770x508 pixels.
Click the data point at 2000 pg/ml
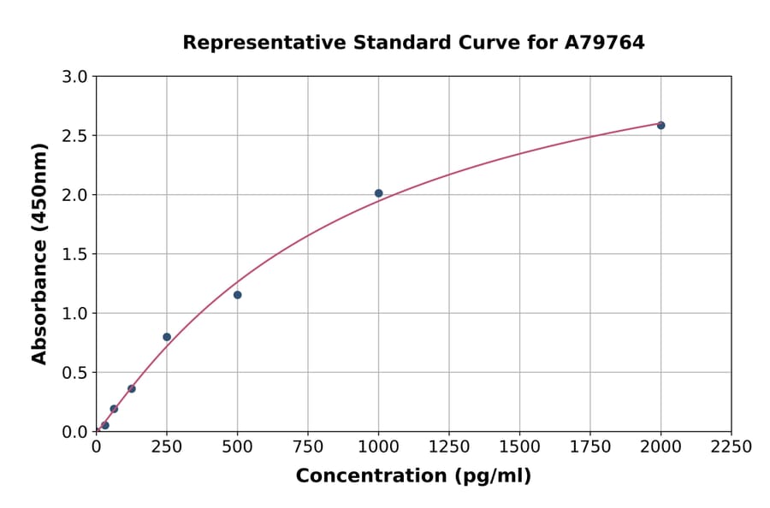coord(660,126)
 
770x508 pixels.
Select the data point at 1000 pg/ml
coord(378,193)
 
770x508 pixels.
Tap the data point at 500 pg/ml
coord(237,295)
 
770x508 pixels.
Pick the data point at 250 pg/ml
coord(167,337)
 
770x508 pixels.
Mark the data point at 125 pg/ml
coord(132,389)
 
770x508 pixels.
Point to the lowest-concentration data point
coord(105,425)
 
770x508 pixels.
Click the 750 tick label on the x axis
coord(308,447)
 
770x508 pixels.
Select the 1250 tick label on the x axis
coord(449,447)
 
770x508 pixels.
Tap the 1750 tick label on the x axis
coord(590,447)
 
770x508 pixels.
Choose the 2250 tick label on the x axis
coord(731,447)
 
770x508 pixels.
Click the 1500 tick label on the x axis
coord(519,447)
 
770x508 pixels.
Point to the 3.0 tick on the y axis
coord(76,77)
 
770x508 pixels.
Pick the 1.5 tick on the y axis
coord(76,254)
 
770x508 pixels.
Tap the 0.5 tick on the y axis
coord(76,373)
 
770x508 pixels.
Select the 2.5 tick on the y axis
coord(76,136)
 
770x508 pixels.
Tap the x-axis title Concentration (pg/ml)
coord(413,476)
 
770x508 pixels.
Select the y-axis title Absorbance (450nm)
coord(39,253)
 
